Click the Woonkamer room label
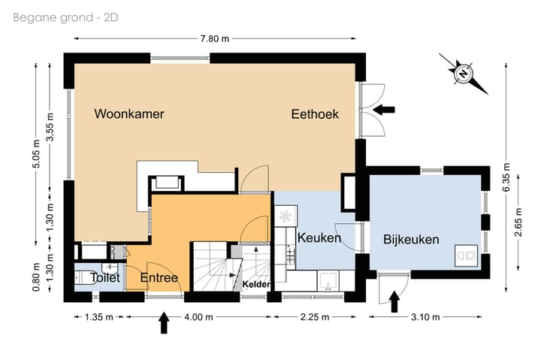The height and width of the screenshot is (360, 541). click(x=129, y=113)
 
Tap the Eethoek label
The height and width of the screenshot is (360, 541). click(x=315, y=114)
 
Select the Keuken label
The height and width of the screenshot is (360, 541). click(x=319, y=237)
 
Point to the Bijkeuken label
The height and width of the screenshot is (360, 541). click(x=411, y=239)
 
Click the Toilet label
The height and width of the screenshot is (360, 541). click(x=105, y=277)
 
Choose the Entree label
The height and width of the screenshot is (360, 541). click(x=159, y=277)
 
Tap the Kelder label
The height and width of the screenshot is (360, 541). click(x=256, y=284)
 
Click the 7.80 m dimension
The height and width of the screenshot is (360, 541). click(x=215, y=38)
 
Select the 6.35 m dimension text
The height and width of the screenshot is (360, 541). click(x=506, y=177)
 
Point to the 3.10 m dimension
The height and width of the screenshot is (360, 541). click(x=425, y=317)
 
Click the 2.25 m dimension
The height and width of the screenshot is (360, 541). click(x=315, y=317)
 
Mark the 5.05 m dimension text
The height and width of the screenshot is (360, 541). click(x=36, y=154)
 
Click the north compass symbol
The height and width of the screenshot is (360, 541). click(x=463, y=74)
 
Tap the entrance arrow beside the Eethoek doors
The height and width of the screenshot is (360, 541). click(x=384, y=110)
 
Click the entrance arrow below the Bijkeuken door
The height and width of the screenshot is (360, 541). click(x=394, y=301)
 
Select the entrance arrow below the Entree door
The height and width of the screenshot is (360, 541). click(x=165, y=322)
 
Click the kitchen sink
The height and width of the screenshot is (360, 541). click(x=328, y=280)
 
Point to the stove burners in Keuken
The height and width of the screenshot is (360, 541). click(x=291, y=254)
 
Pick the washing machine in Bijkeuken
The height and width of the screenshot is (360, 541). click(x=466, y=256)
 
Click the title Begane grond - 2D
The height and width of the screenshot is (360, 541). click(x=65, y=17)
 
